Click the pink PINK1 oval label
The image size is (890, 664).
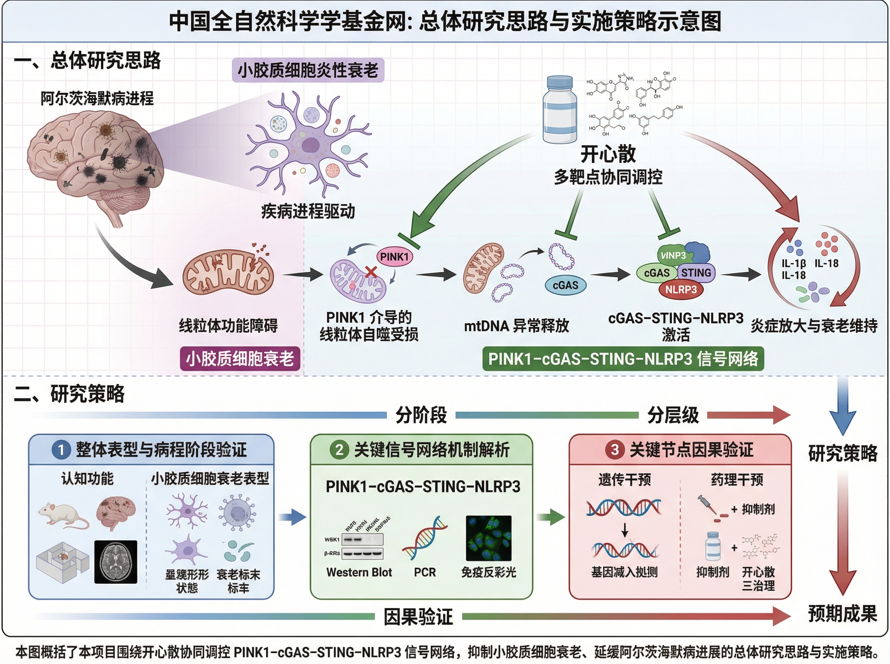point(395,257)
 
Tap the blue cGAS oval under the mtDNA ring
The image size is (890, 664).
point(566,285)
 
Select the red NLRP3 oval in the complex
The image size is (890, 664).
point(680,289)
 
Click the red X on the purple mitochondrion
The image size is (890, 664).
point(371,272)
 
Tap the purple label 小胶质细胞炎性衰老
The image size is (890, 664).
point(308,70)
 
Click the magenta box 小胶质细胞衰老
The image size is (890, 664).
point(240,359)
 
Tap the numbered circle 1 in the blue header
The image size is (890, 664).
point(61,449)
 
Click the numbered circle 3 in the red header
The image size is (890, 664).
point(614,449)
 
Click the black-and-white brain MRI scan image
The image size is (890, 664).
point(116,562)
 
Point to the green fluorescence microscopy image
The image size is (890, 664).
point(488,538)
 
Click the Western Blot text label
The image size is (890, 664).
point(359,572)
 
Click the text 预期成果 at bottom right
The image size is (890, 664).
point(843,614)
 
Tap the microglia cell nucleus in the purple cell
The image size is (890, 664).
point(310,146)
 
